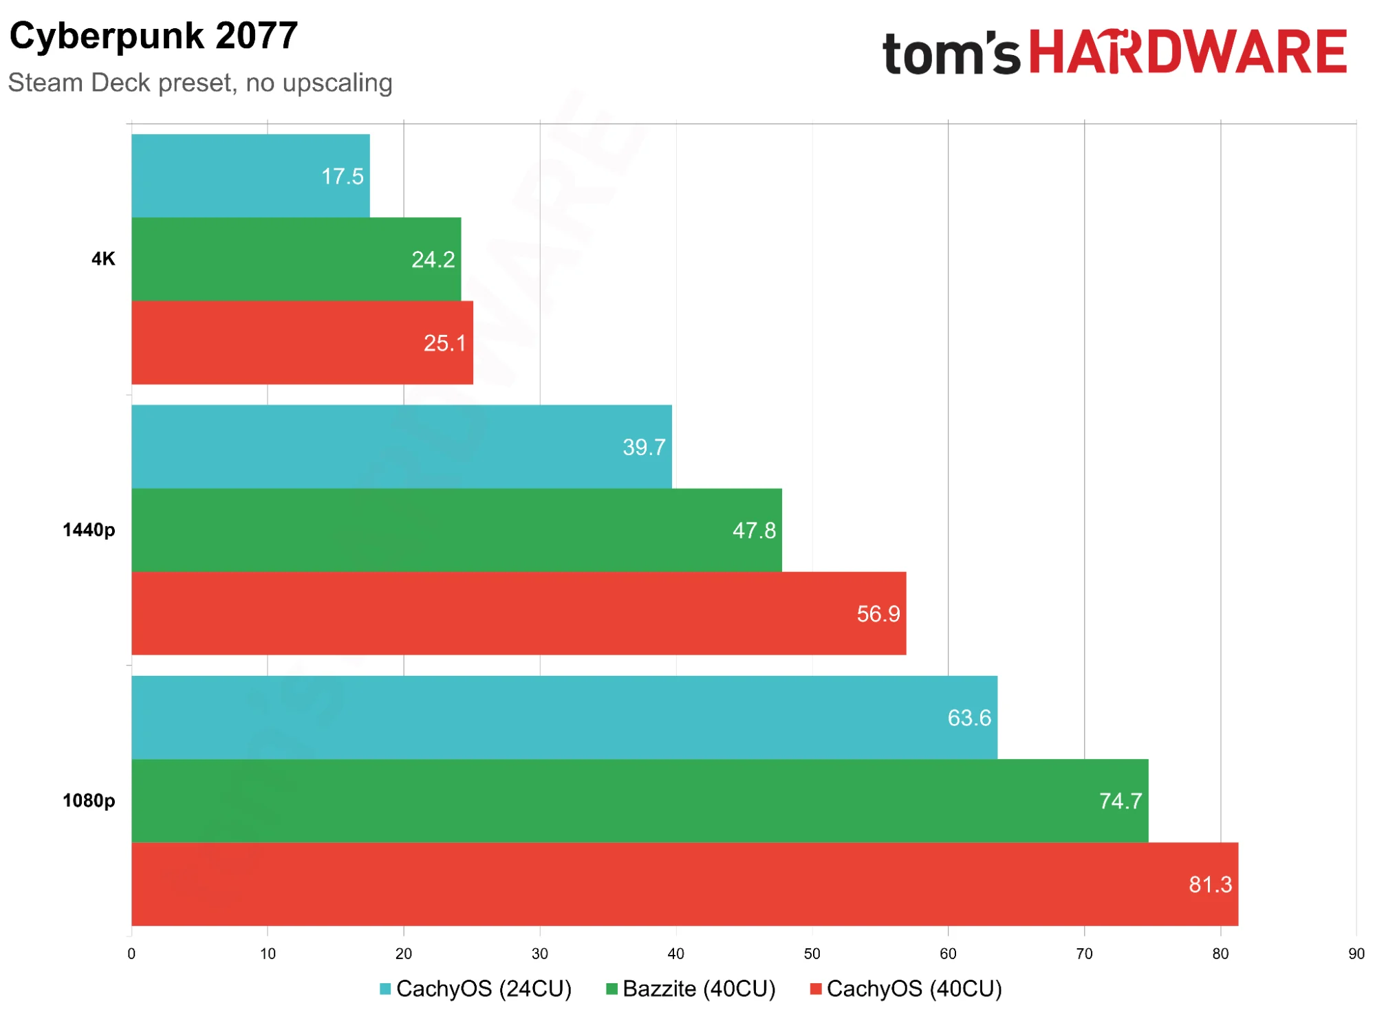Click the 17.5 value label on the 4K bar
[342, 176]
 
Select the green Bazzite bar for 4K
[296, 259]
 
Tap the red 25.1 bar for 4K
[302, 342]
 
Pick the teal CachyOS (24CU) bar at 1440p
[402, 447]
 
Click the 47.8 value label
[754, 530]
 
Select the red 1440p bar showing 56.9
[519, 613]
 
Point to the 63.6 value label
[969, 718]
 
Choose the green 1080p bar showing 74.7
[640, 801]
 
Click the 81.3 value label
[1211, 884]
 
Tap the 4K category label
[103, 259]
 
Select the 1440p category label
[89, 530]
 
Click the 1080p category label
[89, 801]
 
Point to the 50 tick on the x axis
[812, 954]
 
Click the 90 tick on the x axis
[1356, 954]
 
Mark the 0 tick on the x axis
[131, 954]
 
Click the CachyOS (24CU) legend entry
[475, 989]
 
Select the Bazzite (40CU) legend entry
[691, 989]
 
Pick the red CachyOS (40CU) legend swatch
[816, 989]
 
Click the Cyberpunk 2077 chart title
[153, 35]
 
